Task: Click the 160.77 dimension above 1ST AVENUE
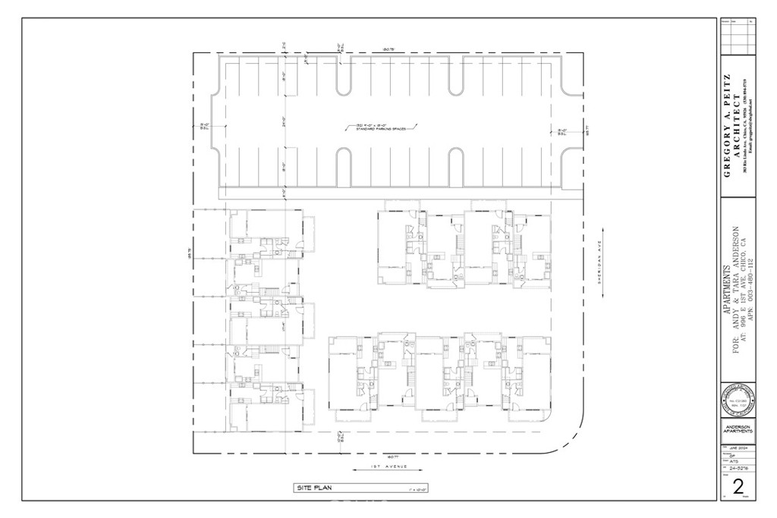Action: pyautogui.click(x=386, y=457)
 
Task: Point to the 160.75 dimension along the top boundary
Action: pyautogui.click(x=388, y=50)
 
